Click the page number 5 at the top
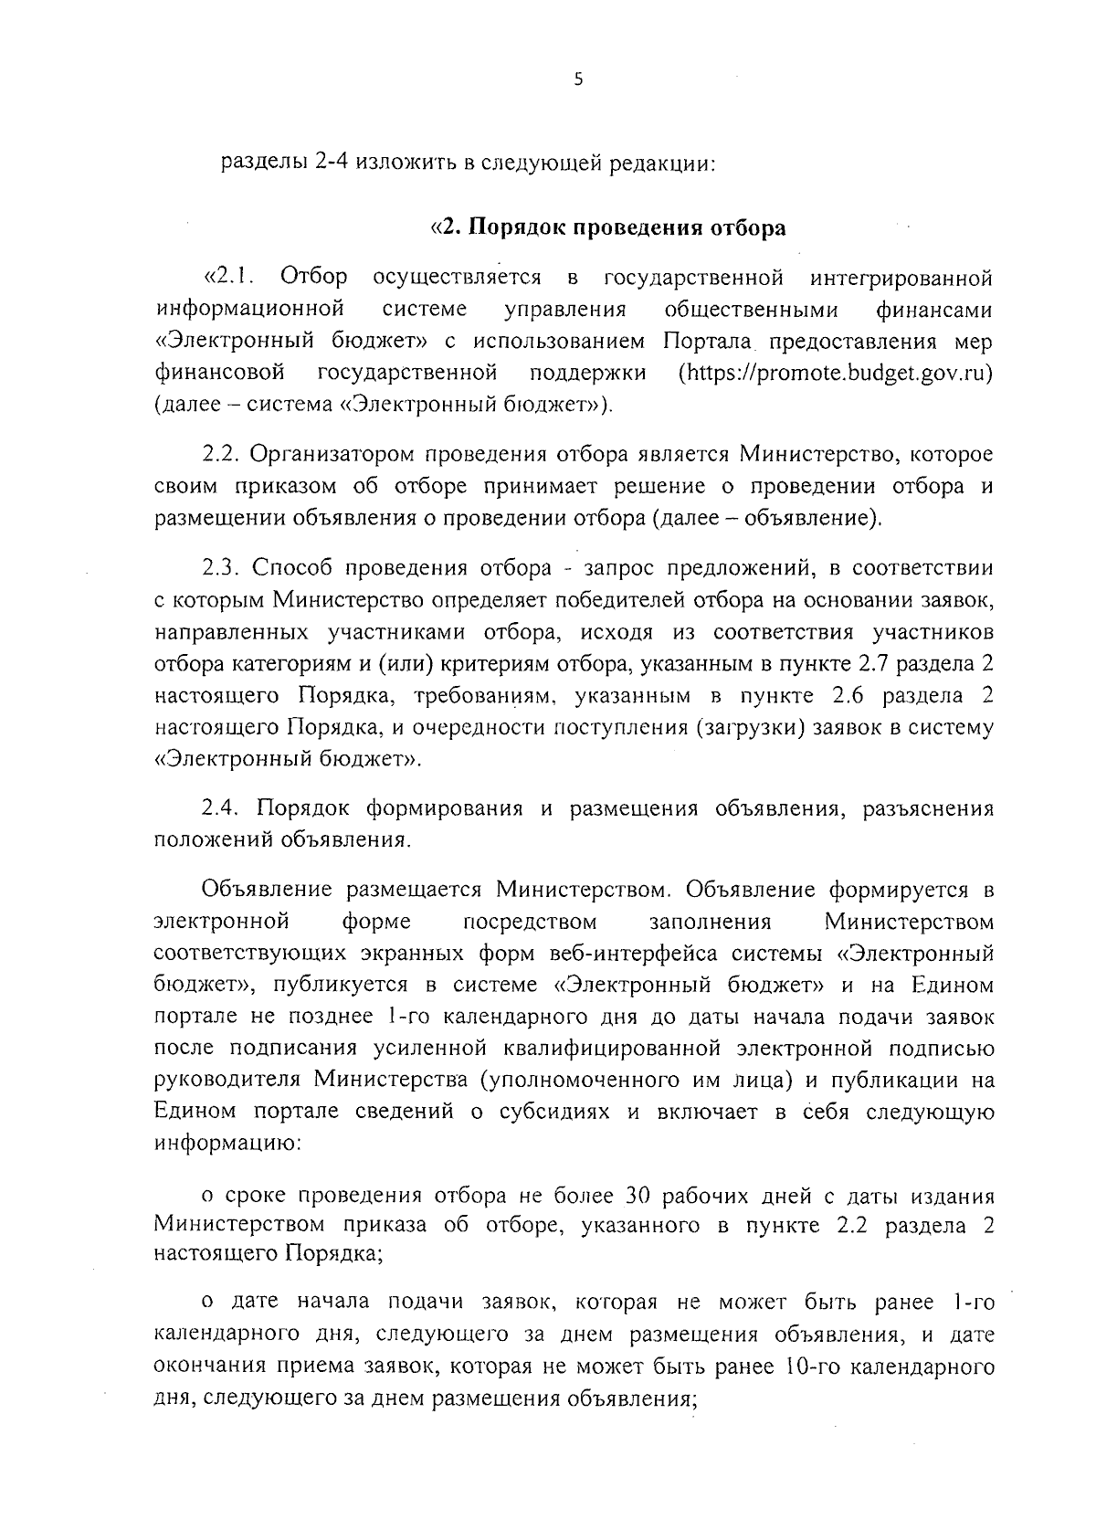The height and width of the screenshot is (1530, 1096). coord(577,79)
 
